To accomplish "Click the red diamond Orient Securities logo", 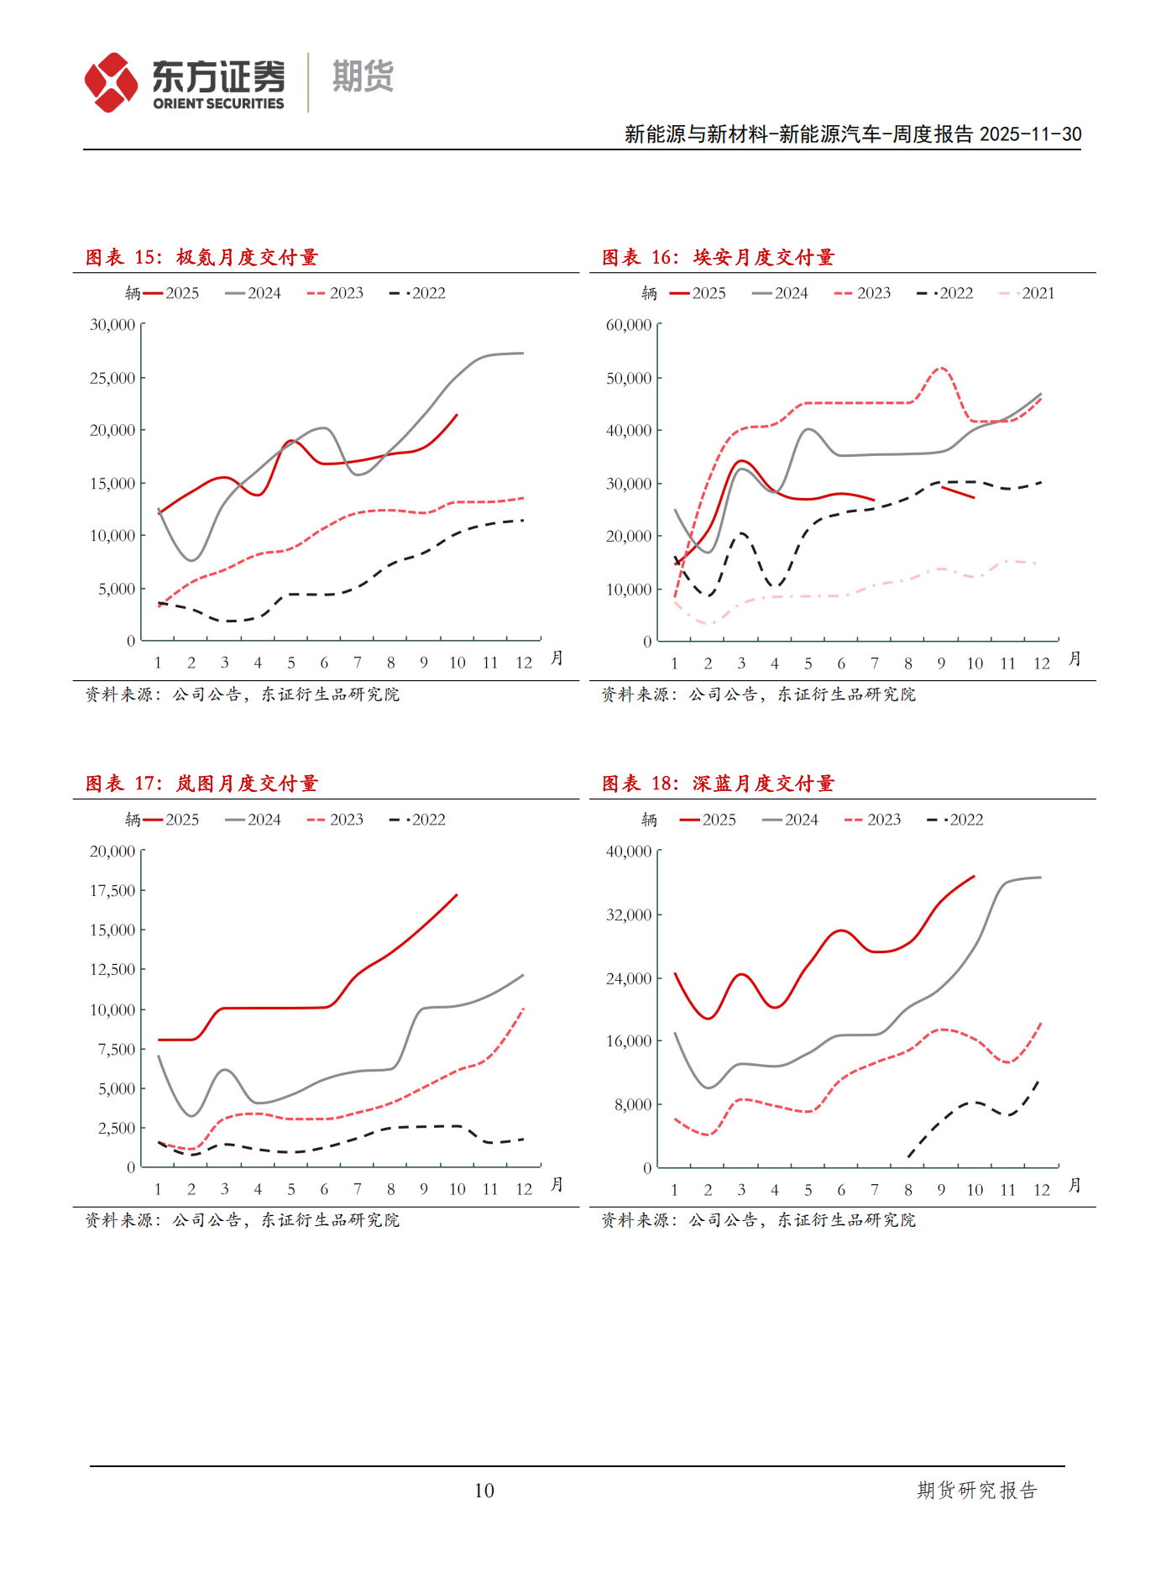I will (x=111, y=82).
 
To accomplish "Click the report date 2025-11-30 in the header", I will (x=1030, y=134).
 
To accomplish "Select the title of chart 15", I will (x=201, y=258).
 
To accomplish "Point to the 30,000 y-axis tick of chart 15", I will (x=112, y=325).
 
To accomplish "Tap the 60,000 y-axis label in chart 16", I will (x=629, y=325).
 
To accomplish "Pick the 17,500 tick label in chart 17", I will (x=112, y=891).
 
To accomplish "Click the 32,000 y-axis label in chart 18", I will (x=629, y=915).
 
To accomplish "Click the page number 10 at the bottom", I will (x=484, y=1491).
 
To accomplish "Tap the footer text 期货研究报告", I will (x=977, y=1491).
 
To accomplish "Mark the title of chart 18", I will (x=718, y=784).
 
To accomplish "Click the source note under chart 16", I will (x=758, y=695).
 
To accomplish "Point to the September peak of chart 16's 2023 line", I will (x=941, y=368).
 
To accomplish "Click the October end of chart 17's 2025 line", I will (x=457, y=895).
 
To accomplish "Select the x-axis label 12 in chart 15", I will (x=524, y=663).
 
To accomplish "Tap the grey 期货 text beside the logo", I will (x=363, y=77).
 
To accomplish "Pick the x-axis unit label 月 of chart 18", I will (x=1074, y=1185).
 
